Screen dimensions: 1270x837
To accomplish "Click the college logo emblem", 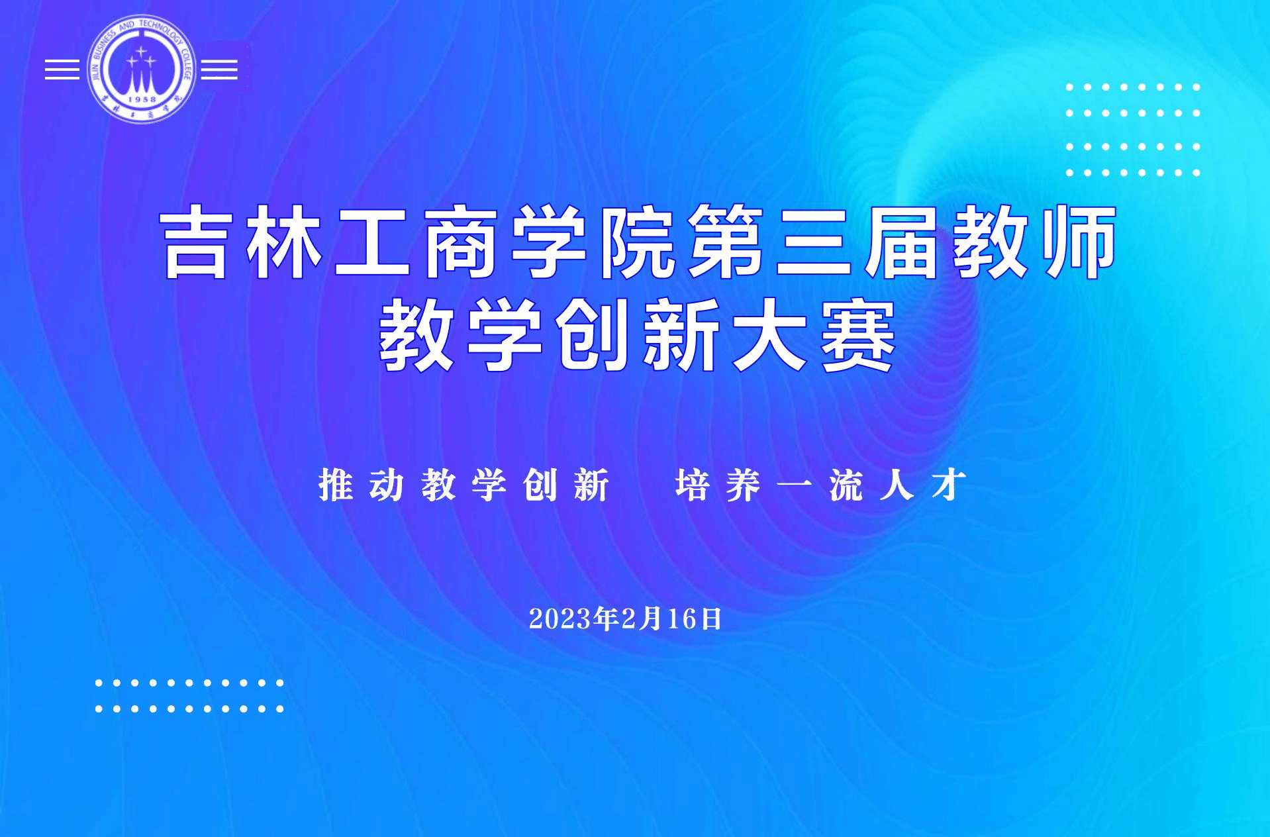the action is click(x=141, y=69).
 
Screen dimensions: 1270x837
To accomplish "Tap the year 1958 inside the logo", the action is click(x=141, y=99).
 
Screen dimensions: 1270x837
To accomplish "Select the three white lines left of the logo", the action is click(x=62, y=70).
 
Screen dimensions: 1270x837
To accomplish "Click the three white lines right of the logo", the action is click(x=219, y=70).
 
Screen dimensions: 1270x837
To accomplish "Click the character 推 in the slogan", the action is click(x=336, y=485).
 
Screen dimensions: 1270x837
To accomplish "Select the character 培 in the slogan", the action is click(x=693, y=485).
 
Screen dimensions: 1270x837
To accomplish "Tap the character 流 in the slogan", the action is click(x=846, y=485).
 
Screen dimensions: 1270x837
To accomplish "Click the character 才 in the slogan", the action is click(x=948, y=485).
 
